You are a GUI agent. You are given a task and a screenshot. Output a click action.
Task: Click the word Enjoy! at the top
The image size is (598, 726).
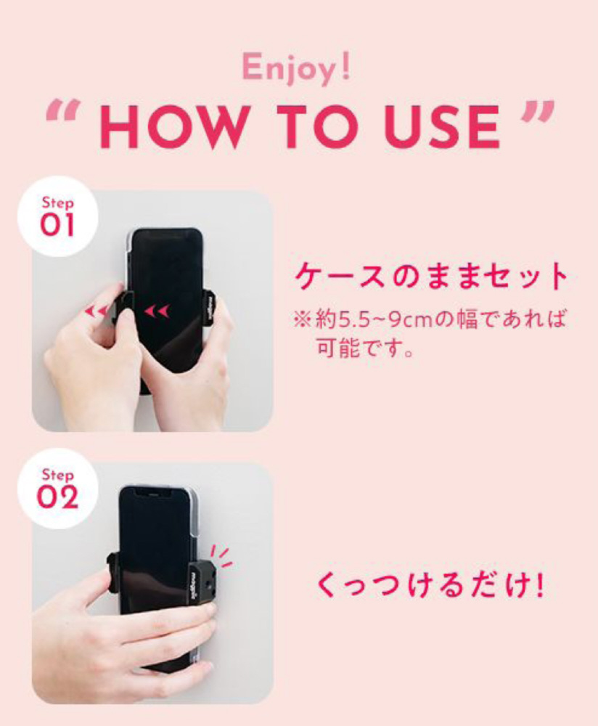pos(296,68)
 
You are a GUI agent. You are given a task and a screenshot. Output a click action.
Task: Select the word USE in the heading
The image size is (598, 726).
pos(442,126)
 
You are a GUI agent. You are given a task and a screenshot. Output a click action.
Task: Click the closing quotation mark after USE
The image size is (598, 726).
pos(538,112)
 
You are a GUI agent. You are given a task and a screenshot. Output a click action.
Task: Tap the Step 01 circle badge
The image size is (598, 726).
pos(58,216)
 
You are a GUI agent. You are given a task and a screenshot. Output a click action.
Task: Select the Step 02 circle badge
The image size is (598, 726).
pos(58,489)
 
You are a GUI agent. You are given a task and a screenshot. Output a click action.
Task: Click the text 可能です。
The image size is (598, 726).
pos(365,348)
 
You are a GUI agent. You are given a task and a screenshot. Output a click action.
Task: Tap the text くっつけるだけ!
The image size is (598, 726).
pos(430,586)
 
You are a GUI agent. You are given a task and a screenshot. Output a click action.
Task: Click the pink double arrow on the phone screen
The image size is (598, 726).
pos(157,311)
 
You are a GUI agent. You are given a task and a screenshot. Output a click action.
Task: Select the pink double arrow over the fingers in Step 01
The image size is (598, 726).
pos(97,311)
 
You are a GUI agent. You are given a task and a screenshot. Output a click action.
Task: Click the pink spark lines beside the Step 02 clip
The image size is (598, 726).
pos(221,557)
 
